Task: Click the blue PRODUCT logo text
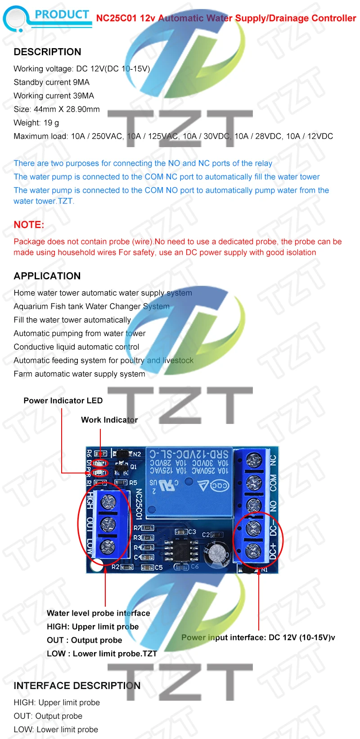coord(62,15)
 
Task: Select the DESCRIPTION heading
coord(47,52)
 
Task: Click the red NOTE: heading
coord(29,225)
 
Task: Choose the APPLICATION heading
coord(47,276)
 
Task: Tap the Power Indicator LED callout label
coord(63,401)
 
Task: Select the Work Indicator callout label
coord(109,420)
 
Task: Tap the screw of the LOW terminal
coord(107,546)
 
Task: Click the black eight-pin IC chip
coord(182,548)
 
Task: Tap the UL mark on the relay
coord(165,486)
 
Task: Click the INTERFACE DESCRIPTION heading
coord(77,685)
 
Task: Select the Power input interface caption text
coord(258,637)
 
